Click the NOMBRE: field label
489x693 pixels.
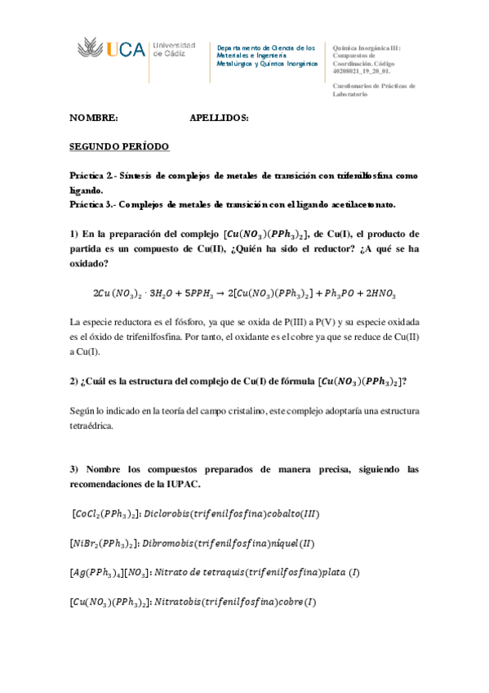pos(94,118)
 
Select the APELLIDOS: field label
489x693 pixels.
pos(219,118)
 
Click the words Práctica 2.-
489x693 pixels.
pos(96,176)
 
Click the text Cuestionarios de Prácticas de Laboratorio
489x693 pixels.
pos(375,89)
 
